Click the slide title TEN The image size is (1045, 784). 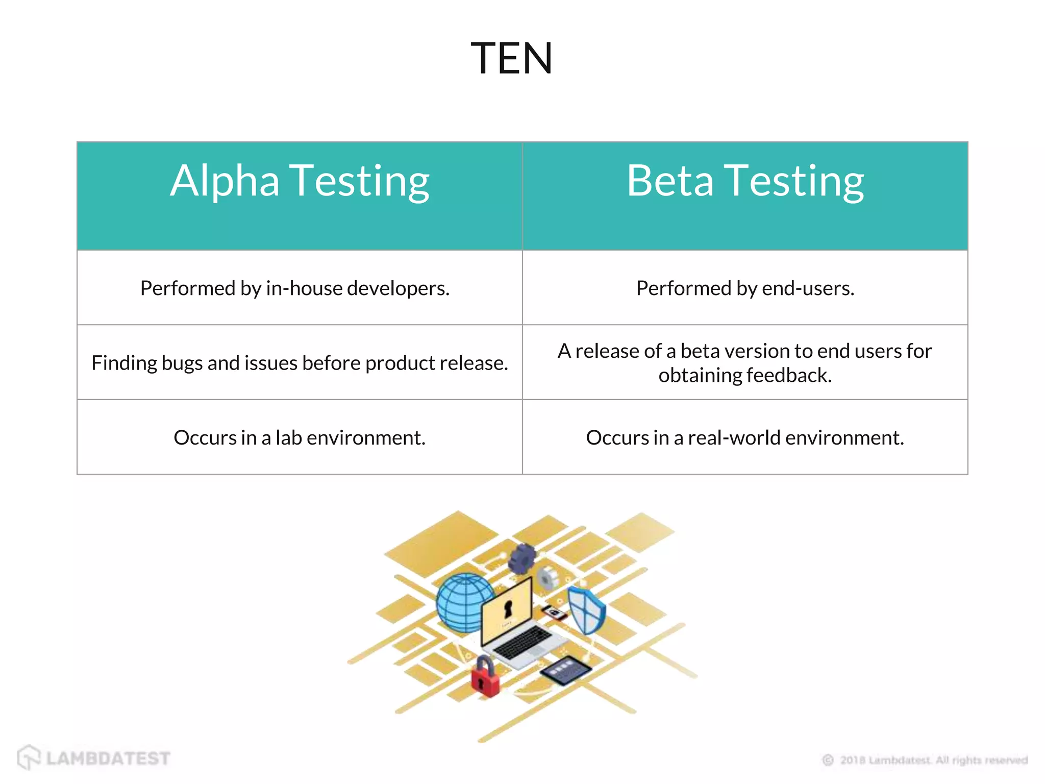tap(511, 58)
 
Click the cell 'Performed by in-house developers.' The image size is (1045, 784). tap(295, 288)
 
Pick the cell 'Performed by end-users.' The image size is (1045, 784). tap(745, 288)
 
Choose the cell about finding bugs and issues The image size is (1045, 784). tap(300, 363)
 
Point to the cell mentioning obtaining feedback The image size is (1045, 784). tap(745, 363)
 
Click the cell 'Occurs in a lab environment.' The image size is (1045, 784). tap(300, 437)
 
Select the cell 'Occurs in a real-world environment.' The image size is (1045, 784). tap(745, 437)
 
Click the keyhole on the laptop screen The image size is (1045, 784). tap(508, 608)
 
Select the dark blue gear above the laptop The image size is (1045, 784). tap(522, 558)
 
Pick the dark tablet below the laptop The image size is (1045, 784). tap(565, 669)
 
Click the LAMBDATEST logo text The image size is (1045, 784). tap(108, 758)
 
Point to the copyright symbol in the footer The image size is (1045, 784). tap(828, 761)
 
